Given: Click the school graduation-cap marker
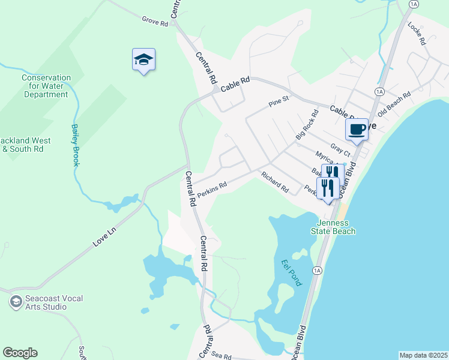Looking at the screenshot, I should point(143,59).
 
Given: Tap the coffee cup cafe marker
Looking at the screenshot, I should point(357,128).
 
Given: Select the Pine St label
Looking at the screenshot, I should point(279,103).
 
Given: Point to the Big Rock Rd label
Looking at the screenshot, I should point(307,125).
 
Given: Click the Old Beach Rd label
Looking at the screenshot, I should point(394,104).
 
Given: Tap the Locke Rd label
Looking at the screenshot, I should point(416,34).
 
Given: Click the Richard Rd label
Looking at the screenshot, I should point(274,181).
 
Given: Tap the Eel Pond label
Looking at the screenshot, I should point(291,272).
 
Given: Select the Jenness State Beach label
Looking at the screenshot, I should point(333,227).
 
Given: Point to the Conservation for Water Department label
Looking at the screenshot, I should point(46,86).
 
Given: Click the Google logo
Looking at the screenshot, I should point(20,353).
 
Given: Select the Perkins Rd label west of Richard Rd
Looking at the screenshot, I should point(212,187).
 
